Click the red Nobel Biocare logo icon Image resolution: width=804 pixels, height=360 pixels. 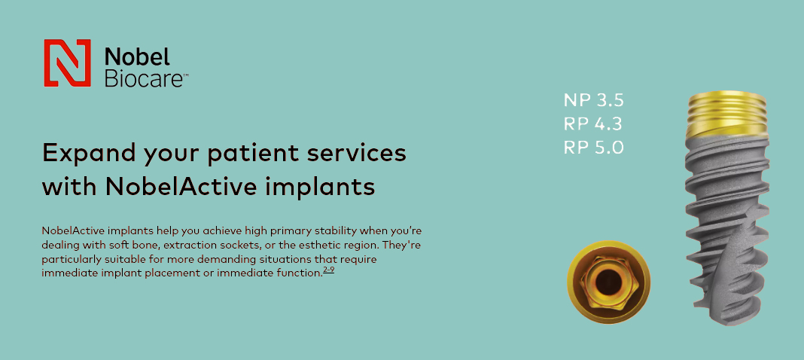(67, 63)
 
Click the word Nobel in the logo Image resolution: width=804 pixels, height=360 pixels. (137, 56)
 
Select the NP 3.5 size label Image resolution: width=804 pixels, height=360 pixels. (593, 100)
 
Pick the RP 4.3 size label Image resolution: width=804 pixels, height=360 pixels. (593, 124)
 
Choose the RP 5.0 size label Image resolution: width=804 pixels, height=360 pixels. (593, 147)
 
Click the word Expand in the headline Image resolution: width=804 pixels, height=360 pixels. (89, 154)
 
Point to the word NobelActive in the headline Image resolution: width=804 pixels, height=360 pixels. (181, 188)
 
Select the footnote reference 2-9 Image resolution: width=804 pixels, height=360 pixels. (329, 270)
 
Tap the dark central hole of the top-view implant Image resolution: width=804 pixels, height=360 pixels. (608, 282)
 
